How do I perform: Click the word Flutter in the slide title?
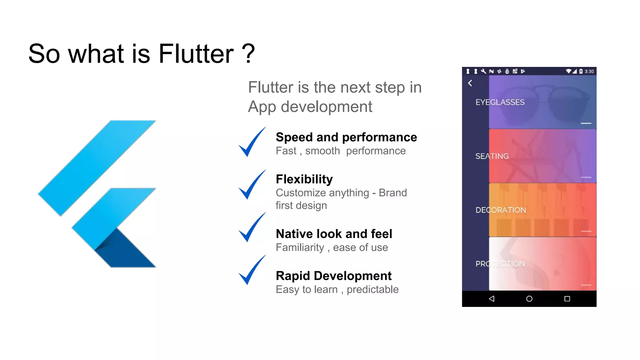(196, 54)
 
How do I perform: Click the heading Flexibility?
(304, 179)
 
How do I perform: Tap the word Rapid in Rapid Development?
(293, 276)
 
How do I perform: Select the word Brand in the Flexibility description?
(393, 193)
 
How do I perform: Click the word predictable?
(372, 290)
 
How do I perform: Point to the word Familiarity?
(300, 247)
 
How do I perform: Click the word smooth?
(322, 151)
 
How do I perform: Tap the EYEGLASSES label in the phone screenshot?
(500, 102)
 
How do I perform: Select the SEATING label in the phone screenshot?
(492, 156)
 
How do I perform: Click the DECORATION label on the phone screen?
(501, 210)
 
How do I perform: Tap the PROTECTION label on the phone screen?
(500, 264)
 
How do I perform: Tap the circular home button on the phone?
(529, 299)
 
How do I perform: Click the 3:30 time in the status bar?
(589, 72)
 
